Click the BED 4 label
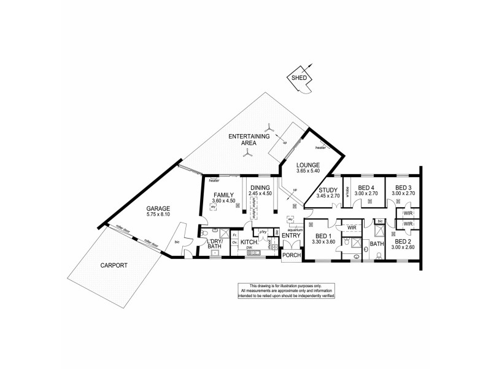coord(366,188)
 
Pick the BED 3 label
coord(403,188)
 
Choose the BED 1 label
coord(322,236)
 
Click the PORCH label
coord(291,255)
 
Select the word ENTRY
coord(290,235)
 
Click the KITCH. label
coord(249,242)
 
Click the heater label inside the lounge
coord(320,148)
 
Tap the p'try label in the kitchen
coord(262,232)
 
